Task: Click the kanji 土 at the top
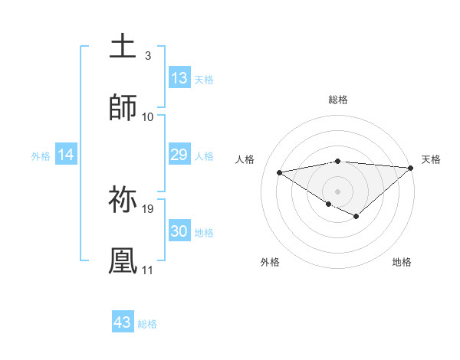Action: pos(123,47)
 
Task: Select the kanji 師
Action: pos(123,108)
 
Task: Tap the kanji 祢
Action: pos(123,199)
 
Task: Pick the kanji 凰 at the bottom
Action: pos(123,260)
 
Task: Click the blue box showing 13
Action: pos(179,78)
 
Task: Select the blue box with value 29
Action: pos(179,155)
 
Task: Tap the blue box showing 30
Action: pos(179,231)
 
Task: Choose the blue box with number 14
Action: pos(66,155)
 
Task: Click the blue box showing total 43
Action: pos(123,322)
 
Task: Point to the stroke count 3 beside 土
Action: pos(147,56)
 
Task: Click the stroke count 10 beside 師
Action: pos(148,117)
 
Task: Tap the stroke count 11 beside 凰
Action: pos(148,270)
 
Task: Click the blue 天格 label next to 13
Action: pos(204,80)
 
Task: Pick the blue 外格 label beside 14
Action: pos(41,156)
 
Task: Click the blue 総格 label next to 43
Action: pos(147,324)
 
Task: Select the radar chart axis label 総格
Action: pos(338,100)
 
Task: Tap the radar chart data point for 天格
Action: pos(411,168)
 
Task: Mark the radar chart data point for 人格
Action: pos(280,172)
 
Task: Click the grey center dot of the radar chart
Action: pos(338,191)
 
